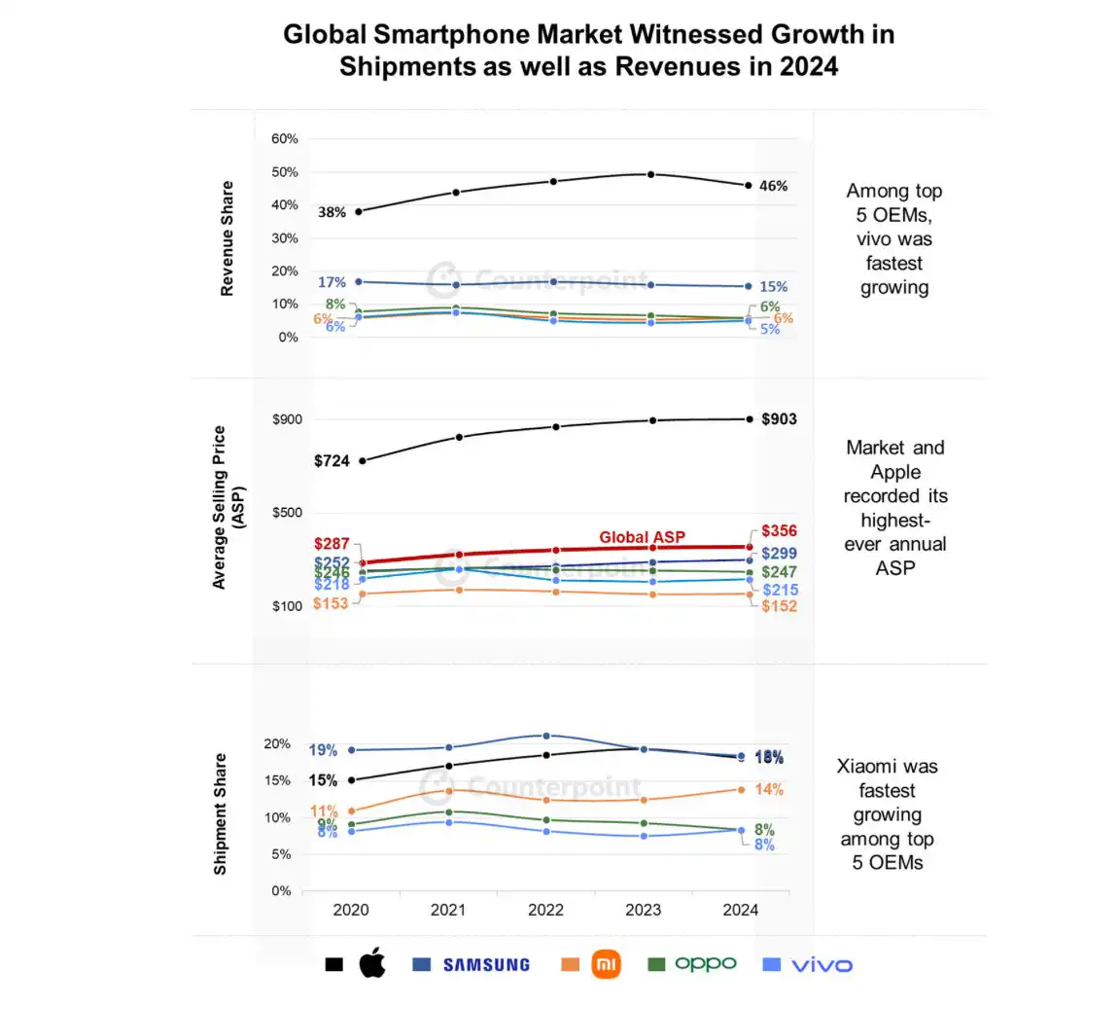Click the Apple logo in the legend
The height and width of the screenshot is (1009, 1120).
372,964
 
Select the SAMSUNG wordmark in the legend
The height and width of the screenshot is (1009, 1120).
486,965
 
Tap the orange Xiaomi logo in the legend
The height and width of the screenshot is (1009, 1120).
606,964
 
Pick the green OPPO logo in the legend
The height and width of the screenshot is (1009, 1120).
705,963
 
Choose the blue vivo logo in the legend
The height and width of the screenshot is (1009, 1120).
822,965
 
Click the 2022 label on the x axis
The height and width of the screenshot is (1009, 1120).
545,911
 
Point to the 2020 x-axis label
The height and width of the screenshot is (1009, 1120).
351,911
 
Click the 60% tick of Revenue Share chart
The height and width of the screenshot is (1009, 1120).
285,139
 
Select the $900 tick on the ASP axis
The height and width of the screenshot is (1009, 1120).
287,419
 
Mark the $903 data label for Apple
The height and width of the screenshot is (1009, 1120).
779,419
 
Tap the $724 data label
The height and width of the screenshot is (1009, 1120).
332,461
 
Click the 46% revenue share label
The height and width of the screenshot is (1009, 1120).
773,186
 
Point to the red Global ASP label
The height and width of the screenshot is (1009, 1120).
642,537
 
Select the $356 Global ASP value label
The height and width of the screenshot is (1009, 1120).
779,531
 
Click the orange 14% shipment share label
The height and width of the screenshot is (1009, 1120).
769,789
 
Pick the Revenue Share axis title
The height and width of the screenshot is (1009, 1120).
227,238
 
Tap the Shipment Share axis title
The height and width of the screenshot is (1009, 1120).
220,814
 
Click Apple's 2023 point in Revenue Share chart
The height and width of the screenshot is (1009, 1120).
650,174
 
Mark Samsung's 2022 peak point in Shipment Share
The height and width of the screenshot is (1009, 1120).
545,736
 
